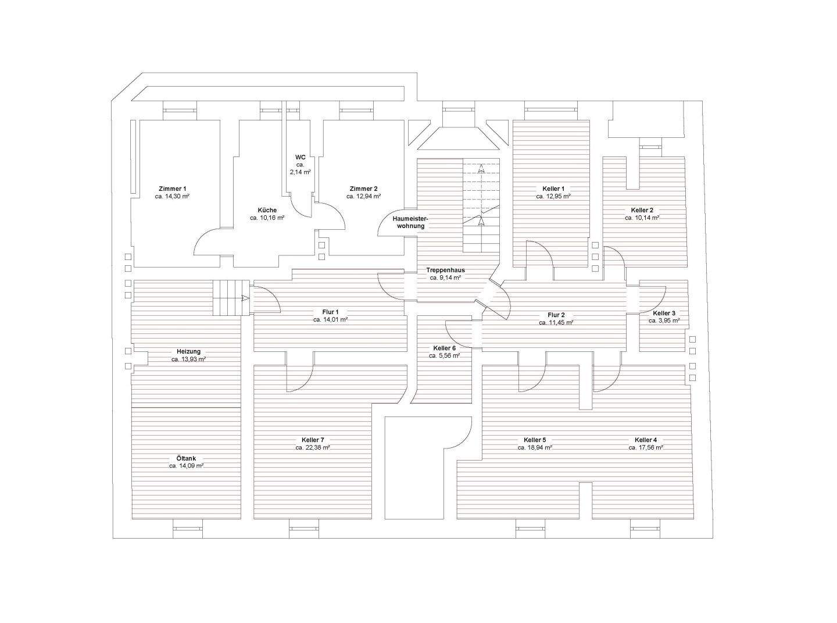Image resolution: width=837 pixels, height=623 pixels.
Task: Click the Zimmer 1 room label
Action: coord(173,188)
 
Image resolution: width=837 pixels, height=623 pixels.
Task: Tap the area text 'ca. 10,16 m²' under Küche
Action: coord(267,218)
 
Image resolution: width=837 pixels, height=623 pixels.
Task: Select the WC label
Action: coord(301,157)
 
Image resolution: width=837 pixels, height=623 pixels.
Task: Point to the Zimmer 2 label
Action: coord(363,188)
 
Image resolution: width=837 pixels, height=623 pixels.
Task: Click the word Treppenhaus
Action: coord(445,270)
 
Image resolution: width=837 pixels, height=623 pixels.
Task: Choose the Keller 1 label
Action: coord(553,188)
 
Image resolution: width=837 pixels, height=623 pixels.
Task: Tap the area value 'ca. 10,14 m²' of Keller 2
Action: coord(642,218)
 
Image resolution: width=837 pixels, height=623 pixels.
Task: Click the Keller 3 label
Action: coord(664,313)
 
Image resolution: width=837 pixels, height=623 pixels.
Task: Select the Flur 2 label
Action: coord(556,315)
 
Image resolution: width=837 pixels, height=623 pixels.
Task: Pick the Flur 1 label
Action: coord(330,312)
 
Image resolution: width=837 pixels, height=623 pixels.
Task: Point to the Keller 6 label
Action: coord(445,348)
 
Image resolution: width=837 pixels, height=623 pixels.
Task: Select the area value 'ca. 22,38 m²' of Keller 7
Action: coord(313,448)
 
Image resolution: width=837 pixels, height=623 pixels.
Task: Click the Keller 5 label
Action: coord(535,440)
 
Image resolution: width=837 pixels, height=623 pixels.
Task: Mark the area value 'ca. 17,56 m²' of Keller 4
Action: coord(646,448)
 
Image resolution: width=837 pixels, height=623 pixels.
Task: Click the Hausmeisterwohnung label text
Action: coord(409,222)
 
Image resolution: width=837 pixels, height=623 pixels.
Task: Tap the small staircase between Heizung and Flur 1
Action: coord(231,298)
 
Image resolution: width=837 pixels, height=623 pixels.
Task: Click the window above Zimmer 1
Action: coord(180,110)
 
